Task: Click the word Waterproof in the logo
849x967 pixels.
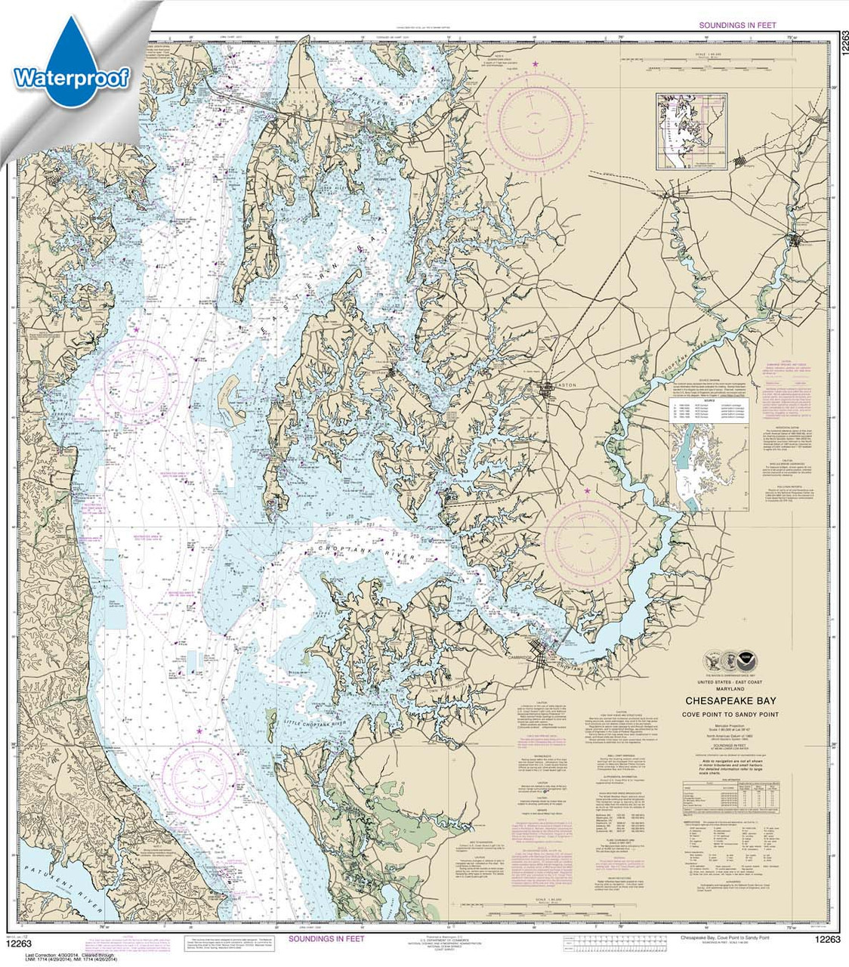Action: point(72,77)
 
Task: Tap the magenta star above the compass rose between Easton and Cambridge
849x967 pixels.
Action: point(587,491)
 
